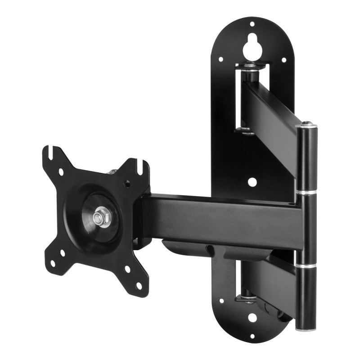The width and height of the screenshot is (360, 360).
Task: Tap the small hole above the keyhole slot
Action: [x=252, y=23]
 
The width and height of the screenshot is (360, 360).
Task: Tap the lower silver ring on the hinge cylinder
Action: [x=306, y=267]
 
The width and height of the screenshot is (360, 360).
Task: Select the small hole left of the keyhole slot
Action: [x=220, y=59]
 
